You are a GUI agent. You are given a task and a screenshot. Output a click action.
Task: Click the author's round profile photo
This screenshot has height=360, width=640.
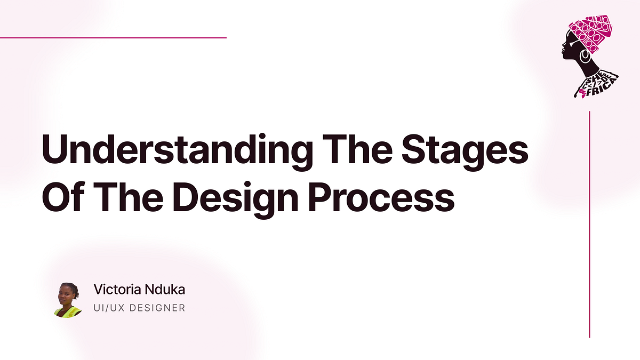(x=68, y=300)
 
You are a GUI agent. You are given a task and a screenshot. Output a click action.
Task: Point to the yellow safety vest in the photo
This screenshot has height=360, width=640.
(x=68, y=311)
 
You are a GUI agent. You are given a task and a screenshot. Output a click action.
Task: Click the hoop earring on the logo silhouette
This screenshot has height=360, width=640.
(x=585, y=54)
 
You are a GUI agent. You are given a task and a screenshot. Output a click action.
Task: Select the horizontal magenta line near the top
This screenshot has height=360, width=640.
(x=113, y=38)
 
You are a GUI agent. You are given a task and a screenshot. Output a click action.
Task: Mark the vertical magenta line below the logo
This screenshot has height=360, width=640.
(x=589, y=224)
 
